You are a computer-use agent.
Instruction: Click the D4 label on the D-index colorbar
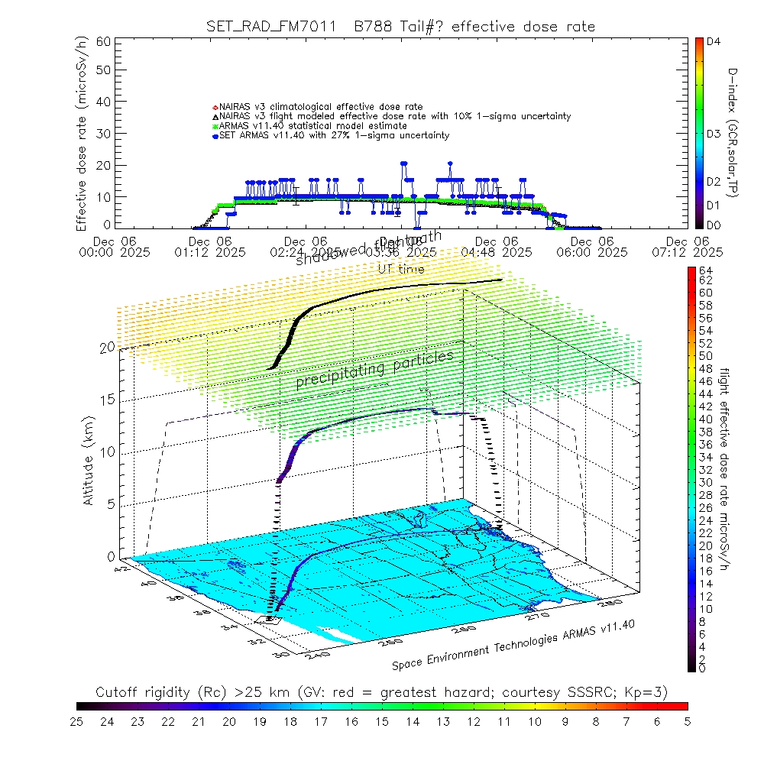pos(714,43)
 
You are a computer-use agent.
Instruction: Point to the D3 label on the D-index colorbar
pos(714,134)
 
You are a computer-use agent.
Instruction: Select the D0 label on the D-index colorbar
pos(714,225)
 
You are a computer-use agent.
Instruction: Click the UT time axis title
pos(401,268)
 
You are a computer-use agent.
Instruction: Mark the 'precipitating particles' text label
pos(374,368)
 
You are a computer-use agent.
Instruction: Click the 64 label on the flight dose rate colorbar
pos(706,270)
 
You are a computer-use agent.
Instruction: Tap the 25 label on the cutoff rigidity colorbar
pos(77,720)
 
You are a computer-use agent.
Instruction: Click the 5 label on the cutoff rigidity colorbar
pos(687,720)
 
